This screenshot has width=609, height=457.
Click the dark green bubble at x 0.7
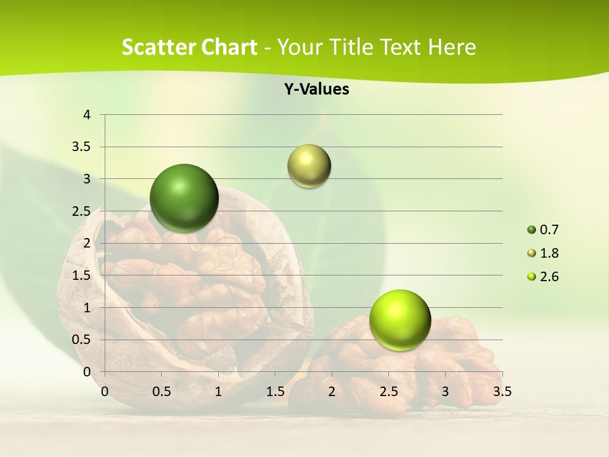[184, 198]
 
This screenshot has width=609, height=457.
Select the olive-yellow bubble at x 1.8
[309, 166]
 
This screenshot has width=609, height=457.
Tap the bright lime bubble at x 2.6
[400, 320]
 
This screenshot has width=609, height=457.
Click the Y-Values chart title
[316, 89]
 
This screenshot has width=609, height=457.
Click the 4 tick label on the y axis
[88, 115]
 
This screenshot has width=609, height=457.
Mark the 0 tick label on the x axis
[105, 391]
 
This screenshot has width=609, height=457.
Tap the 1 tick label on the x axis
[218, 391]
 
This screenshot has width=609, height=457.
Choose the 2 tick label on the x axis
[332, 391]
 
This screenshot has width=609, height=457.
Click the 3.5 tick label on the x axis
[502, 391]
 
